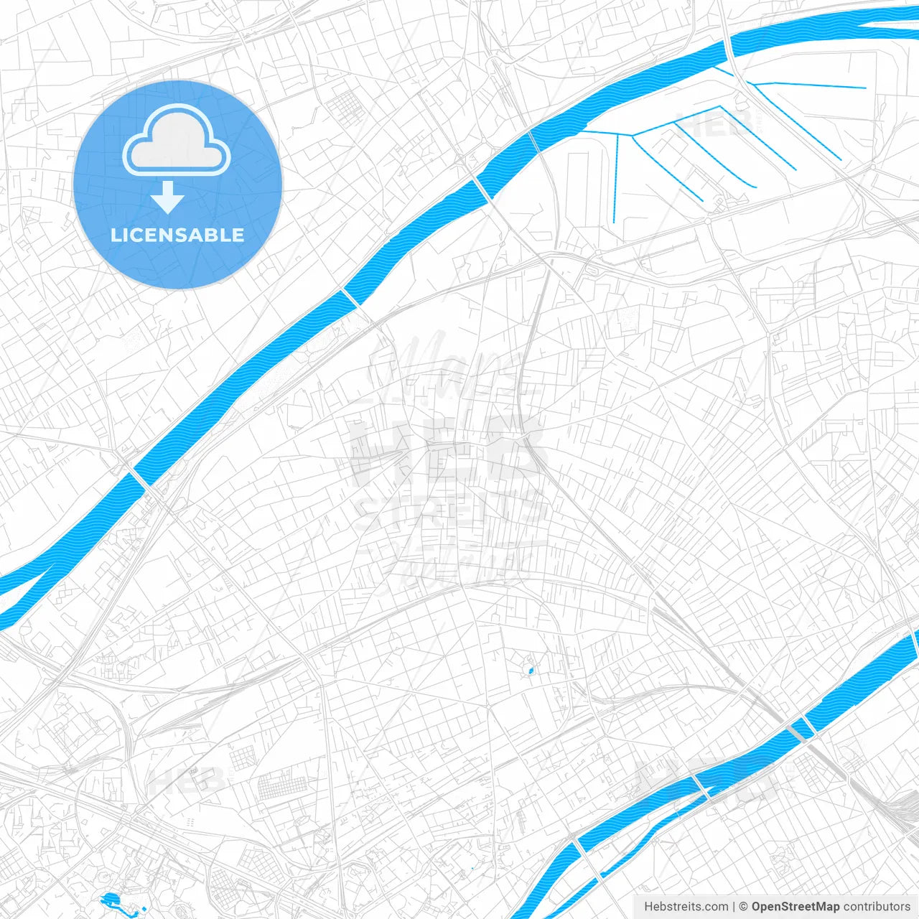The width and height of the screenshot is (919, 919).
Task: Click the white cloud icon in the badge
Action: (177, 141)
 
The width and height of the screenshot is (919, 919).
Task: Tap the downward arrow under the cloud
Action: (168, 198)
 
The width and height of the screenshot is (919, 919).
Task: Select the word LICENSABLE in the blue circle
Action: (177, 235)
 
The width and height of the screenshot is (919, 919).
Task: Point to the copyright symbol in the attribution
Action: (744, 907)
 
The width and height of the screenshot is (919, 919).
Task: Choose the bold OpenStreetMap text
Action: (795, 907)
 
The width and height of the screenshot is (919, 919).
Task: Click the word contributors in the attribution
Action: (876, 907)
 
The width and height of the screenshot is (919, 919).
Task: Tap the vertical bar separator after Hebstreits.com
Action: (734, 907)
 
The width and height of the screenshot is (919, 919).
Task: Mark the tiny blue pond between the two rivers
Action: (531, 671)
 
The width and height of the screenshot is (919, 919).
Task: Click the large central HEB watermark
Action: (445, 452)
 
